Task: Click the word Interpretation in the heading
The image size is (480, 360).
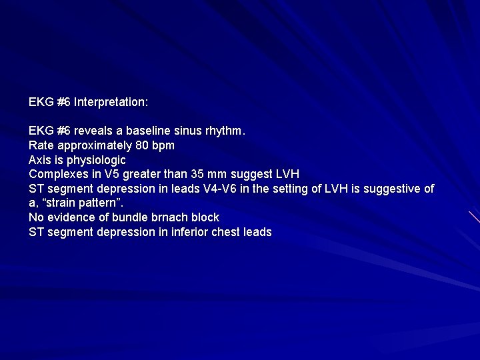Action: click(x=111, y=102)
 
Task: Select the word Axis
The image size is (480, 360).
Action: click(x=39, y=160)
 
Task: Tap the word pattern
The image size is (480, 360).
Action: click(x=102, y=203)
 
